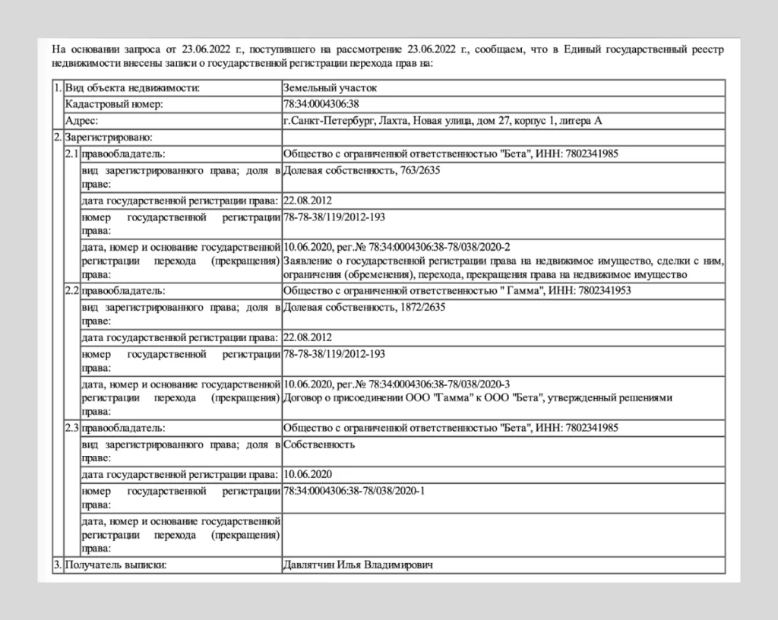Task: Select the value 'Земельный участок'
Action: coord(329,88)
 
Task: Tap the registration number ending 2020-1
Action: coord(354,491)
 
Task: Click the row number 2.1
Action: coord(72,153)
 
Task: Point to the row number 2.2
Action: coord(72,290)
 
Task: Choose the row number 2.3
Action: coord(72,428)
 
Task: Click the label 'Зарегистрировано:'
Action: coord(109,138)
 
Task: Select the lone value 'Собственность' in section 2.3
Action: coord(318,444)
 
